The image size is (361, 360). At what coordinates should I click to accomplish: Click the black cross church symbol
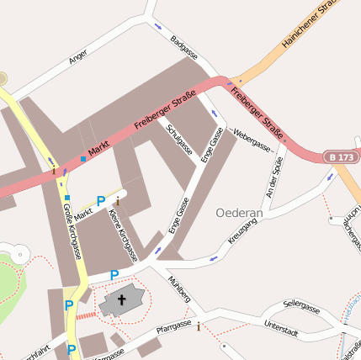(121, 299)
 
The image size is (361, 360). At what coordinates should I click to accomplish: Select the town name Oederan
(240, 214)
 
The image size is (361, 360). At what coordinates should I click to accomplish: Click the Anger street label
(78, 56)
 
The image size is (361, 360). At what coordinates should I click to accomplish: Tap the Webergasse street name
(252, 140)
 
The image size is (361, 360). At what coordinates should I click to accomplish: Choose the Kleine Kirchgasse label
(124, 234)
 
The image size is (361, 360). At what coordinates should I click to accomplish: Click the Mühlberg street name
(180, 289)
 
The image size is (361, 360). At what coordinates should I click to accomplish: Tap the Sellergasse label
(302, 309)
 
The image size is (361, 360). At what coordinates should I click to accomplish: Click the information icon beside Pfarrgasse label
(199, 327)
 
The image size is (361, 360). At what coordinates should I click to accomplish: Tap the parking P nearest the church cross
(114, 275)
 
